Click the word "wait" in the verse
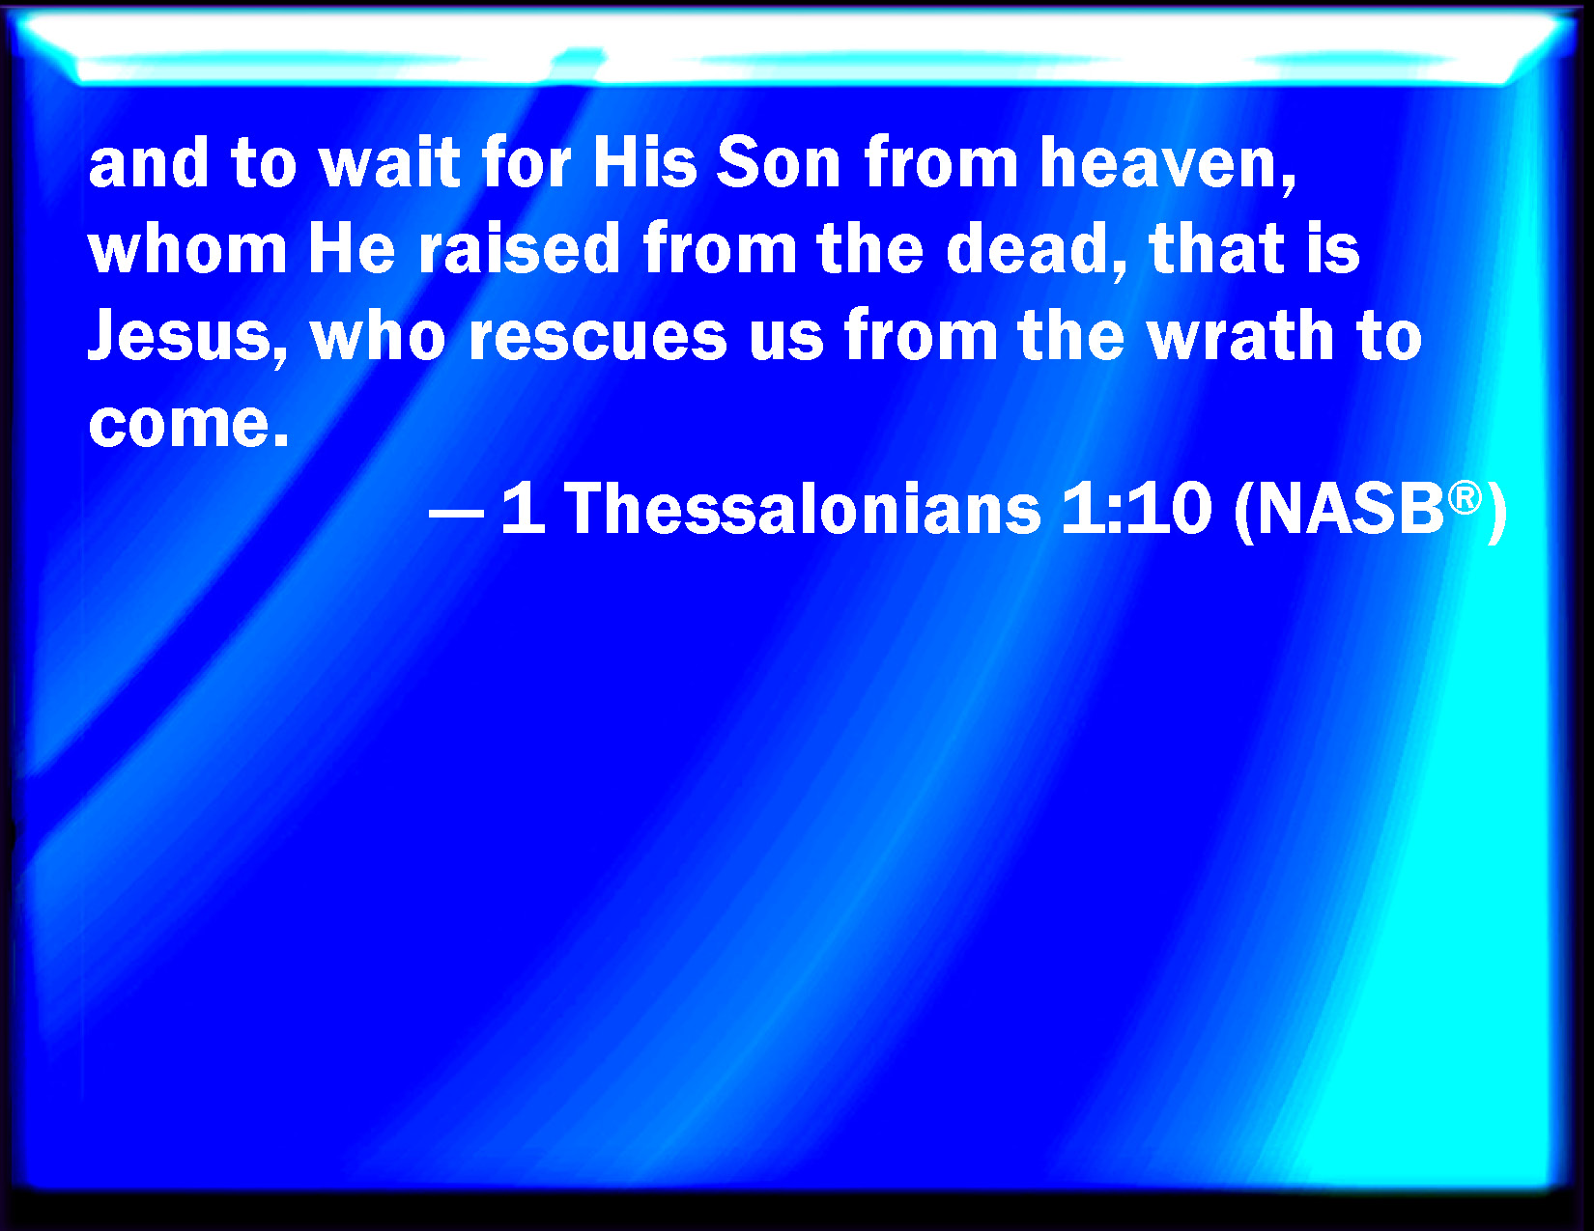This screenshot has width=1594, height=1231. point(389,162)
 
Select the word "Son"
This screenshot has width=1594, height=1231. point(779,162)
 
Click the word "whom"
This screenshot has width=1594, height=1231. point(187,248)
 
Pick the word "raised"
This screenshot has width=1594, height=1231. point(520,248)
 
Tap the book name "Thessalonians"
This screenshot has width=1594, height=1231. point(803,509)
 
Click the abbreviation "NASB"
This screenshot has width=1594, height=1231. point(1351,509)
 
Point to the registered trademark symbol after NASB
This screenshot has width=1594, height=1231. point(1465,498)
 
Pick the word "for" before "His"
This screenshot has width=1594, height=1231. point(526,162)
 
